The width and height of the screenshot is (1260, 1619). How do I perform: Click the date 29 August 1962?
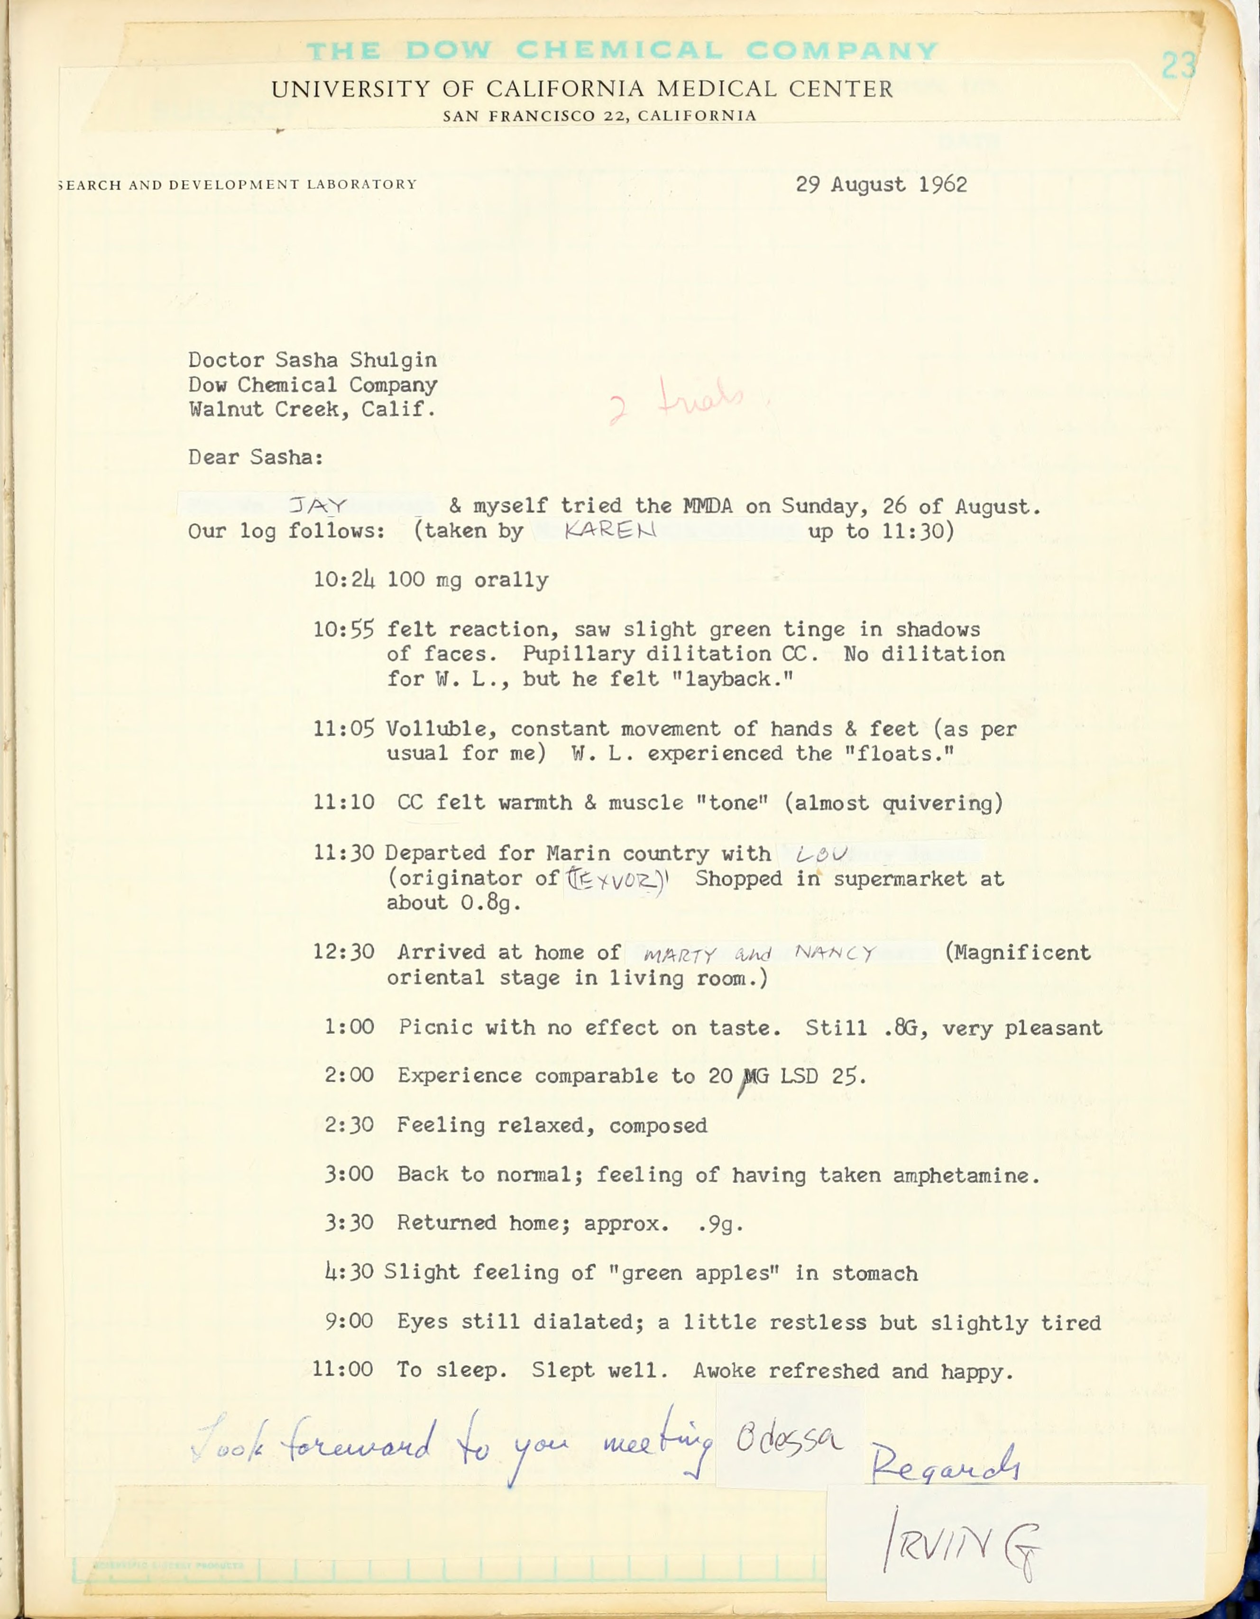click(x=881, y=184)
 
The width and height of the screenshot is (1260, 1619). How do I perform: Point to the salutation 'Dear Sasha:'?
click(x=256, y=457)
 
